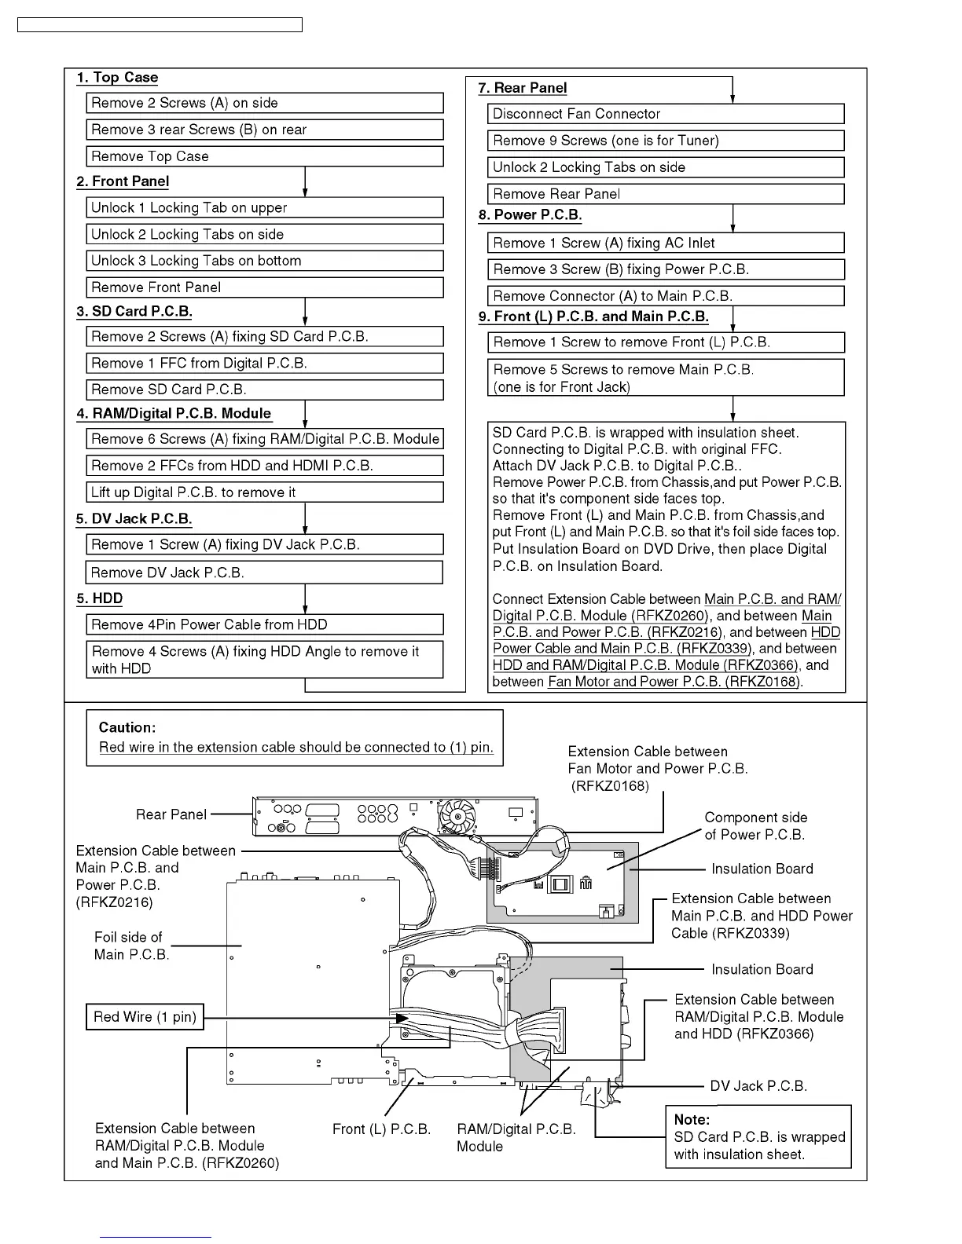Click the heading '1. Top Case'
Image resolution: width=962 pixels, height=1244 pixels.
point(117,78)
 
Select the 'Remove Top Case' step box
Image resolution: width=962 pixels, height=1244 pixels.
point(264,156)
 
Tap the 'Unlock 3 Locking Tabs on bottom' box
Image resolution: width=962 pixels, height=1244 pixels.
point(264,261)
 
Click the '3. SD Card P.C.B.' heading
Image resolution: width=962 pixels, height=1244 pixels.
point(134,311)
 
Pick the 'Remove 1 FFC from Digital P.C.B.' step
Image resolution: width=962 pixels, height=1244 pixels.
point(264,364)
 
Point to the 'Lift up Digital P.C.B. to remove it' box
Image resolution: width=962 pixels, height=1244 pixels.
point(264,492)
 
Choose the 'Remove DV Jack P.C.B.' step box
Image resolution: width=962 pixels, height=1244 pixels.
point(264,573)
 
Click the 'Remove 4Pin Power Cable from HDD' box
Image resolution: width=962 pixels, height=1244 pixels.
point(264,625)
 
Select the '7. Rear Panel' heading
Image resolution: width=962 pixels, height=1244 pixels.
point(523,88)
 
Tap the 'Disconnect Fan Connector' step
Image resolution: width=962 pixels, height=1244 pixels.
point(665,114)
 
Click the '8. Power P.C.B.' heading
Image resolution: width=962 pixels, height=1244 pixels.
point(531,215)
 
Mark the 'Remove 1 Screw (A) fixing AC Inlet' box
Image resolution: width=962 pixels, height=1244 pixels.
point(665,243)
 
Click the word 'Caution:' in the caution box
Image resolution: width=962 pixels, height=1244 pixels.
point(127,727)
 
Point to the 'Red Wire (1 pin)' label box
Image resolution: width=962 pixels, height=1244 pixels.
point(145,1017)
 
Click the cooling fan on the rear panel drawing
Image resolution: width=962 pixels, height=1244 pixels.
point(457,817)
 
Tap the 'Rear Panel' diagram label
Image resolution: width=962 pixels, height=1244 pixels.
point(171,814)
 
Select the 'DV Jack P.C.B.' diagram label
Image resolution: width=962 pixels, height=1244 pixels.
point(758,1086)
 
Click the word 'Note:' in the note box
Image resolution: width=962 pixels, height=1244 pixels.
point(692,1120)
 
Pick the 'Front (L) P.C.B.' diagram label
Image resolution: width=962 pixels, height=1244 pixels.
point(381,1129)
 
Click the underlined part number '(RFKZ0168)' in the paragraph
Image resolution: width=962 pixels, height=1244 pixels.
point(762,682)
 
